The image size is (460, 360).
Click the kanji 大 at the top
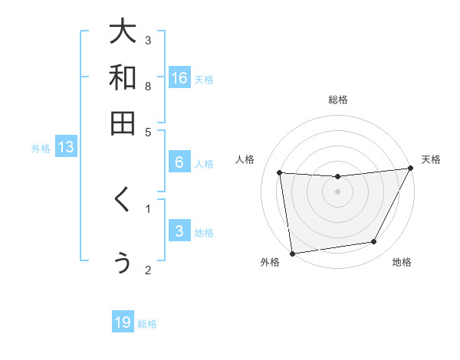click(123, 32)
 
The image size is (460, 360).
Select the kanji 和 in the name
click(123, 77)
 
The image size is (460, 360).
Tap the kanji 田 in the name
click(123, 123)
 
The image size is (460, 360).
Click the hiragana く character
click(122, 201)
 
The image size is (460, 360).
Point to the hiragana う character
click(123, 262)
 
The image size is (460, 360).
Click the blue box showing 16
click(179, 78)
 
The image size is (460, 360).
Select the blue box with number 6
click(179, 162)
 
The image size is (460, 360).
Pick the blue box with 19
click(123, 322)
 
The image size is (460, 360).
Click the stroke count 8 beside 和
click(148, 86)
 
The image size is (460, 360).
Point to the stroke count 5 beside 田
click(148, 131)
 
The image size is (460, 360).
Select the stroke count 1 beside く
click(148, 207)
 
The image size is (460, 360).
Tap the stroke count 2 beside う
click(148, 269)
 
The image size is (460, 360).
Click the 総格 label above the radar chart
click(338, 100)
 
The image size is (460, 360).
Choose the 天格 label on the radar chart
click(431, 159)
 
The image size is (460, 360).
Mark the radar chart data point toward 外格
click(292, 253)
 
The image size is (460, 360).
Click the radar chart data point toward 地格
click(374, 242)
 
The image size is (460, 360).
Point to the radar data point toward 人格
click(280, 172)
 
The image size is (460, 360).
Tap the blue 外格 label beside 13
click(41, 149)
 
